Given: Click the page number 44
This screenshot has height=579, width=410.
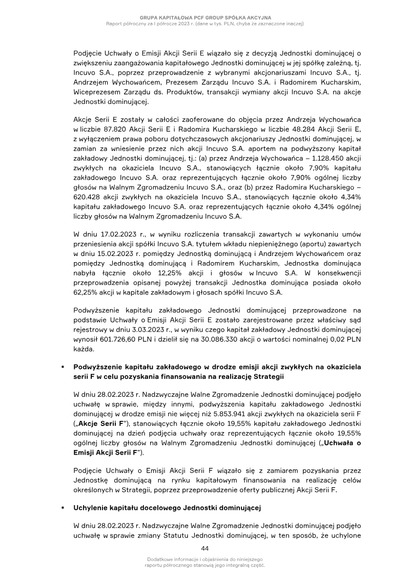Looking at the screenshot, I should coord(205,548).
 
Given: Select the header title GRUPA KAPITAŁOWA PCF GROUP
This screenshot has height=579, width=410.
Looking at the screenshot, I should coord(205,17).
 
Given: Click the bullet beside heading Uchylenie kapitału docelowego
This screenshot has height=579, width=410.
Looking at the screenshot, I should coord(62,508).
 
